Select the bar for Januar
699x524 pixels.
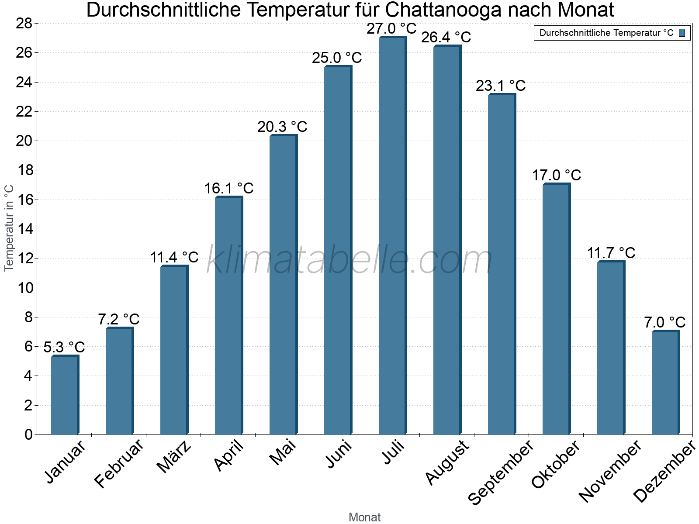click(x=65, y=395)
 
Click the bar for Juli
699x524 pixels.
click(x=392, y=236)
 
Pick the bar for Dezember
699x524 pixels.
click(x=665, y=383)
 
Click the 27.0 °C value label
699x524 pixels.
click(x=392, y=29)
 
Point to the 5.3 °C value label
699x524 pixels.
click(x=64, y=347)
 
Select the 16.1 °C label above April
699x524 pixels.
click(x=229, y=188)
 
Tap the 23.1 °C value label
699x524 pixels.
click(x=501, y=86)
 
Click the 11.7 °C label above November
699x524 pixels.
click(x=611, y=253)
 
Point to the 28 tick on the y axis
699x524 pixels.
click(x=24, y=23)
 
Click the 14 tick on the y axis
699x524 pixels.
click(x=24, y=229)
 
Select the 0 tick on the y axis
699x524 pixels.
click(x=28, y=434)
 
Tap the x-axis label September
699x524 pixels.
click(x=500, y=472)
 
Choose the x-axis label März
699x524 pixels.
click(x=174, y=457)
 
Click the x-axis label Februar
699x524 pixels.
click(x=119, y=463)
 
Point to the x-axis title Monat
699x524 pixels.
click(x=364, y=517)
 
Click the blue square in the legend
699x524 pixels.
click(x=682, y=33)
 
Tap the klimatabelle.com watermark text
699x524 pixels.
click(x=349, y=261)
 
